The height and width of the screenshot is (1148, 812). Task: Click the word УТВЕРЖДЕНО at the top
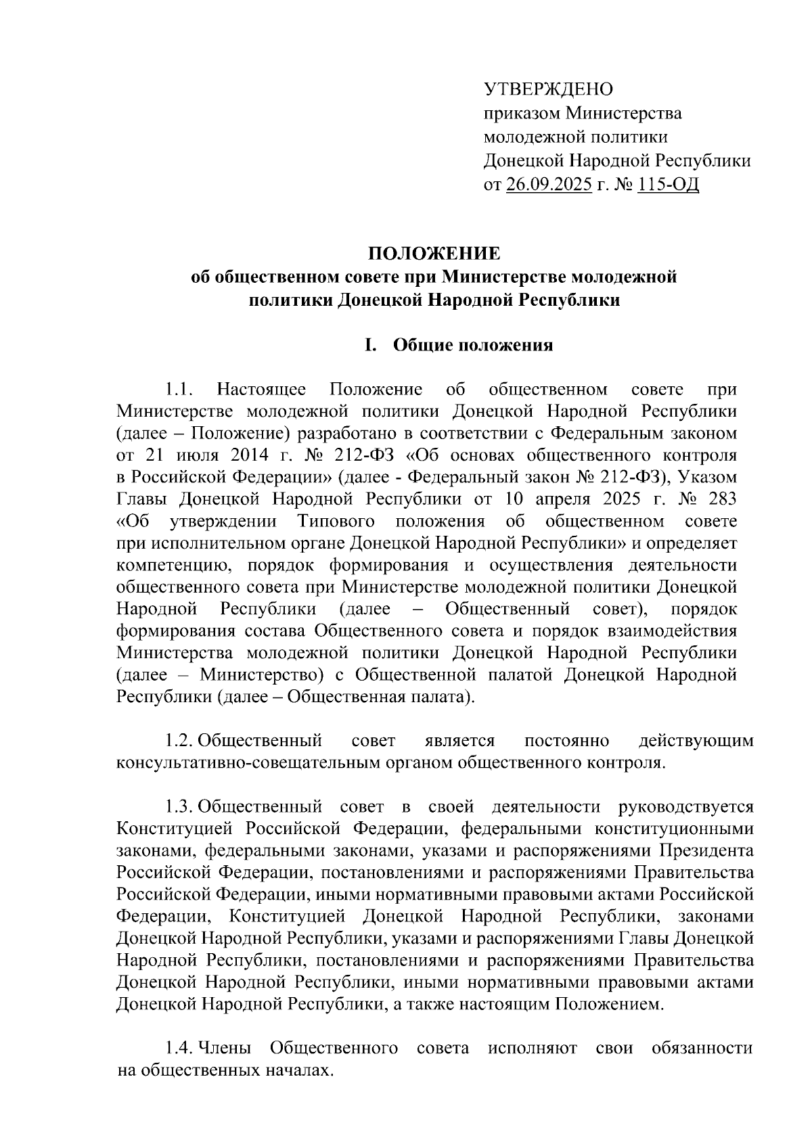(x=548, y=89)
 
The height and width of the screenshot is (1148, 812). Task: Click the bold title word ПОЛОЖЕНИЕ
(x=434, y=254)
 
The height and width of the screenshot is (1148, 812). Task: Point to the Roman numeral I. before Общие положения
(x=369, y=346)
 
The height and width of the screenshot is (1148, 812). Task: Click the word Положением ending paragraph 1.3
(x=608, y=1005)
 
